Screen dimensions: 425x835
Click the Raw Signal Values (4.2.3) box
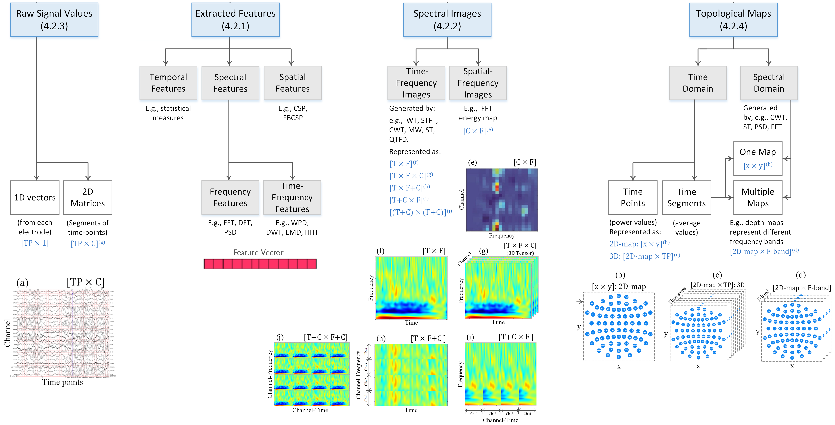(x=54, y=20)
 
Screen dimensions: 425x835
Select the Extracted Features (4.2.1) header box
(x=235, y=20)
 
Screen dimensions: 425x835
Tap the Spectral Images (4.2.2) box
(x=447, y=20)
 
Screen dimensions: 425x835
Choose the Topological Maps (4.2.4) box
(x=733, y=20)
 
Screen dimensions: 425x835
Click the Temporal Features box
(x=168, y=83)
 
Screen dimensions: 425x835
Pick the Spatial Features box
(x=292, y=83)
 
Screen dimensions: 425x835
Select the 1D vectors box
(x=35, y=198)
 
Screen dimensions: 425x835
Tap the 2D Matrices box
(x=88, y=198)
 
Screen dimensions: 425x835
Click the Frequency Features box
(x=230, y=198)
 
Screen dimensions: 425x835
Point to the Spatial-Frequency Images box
(x=478, y=83)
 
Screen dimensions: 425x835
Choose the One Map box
(x=758, y=158)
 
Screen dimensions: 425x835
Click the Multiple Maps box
(x=758, y=198)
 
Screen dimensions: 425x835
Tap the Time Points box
(x=633, y=198)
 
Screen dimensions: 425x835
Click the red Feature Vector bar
(x=260, y=264)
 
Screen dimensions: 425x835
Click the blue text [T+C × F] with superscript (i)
(x=408, y=200)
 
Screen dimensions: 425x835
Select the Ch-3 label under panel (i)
(x=510, y=414)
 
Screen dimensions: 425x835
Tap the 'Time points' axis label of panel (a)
(x=63, y=382)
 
